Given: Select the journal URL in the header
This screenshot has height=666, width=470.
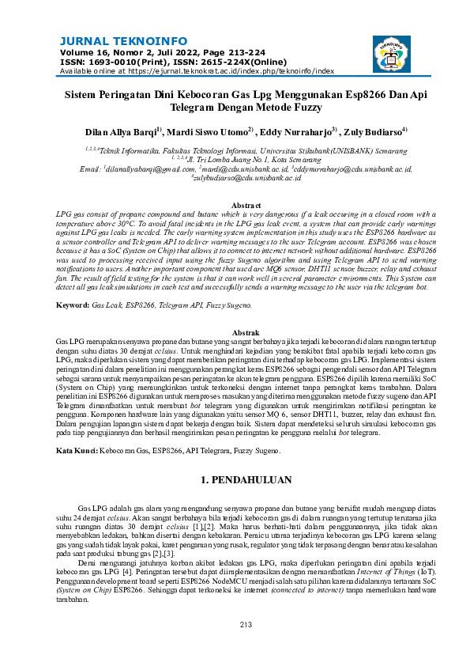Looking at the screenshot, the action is tap(231, 70).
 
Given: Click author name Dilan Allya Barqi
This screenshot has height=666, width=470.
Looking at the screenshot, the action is tap(121, 131).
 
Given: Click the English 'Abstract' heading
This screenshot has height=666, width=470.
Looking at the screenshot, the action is tap(235, 205).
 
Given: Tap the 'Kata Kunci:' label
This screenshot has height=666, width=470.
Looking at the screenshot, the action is tap(77, 450).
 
